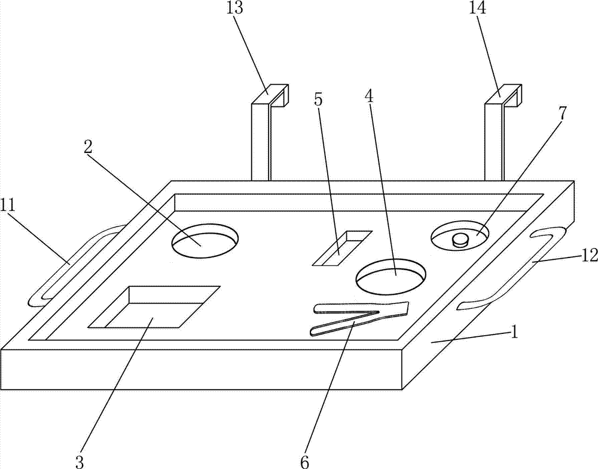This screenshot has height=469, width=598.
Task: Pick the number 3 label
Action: (x=80, y=461)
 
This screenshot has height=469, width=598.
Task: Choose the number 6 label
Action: (x=305, y=461)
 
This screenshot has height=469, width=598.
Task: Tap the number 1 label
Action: (x=513, y=332)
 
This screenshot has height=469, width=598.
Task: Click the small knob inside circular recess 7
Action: (x=460, y=240)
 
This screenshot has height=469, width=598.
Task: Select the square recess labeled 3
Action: (x=154, y=307)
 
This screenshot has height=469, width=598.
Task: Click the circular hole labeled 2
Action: (x=205, y=241)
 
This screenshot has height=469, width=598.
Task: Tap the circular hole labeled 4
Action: (x=390, y=276)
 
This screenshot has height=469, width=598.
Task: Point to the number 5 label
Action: (x=318, y=99)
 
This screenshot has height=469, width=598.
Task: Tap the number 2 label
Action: (x=88, y=147)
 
